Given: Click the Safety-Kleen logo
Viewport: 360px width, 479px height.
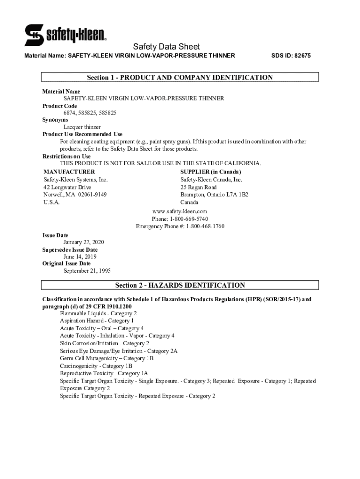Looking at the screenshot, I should click(x=65, y=35).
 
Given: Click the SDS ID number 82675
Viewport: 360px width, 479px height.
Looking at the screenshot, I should click(x=302, y=56).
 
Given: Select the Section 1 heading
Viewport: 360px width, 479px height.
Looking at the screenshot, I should click(x=180, y=78).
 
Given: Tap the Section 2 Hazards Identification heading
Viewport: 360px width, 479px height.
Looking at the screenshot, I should click(x=180, y=285).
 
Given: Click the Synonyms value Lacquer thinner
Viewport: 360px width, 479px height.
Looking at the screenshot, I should click(x=82, y=127).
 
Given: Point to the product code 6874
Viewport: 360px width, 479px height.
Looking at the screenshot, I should click(x=70, y=113).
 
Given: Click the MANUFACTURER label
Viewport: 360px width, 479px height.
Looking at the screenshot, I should click(x=69, y=172).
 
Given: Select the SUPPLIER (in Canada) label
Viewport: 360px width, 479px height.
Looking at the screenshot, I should click(x=211, y=172).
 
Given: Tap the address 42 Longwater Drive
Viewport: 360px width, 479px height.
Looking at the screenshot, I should click(x=67, y=187).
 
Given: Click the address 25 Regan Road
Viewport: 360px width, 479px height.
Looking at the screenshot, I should click(x=199, y=187).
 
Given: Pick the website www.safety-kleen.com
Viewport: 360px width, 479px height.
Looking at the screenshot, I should click(x=180, y=211).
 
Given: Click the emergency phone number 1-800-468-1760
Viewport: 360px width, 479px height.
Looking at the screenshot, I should click(x=205, y=226).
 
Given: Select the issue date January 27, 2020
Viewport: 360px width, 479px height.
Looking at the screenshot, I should click(x=84, y=242).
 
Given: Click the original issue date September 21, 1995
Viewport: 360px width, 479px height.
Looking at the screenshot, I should click(x=87, y=271).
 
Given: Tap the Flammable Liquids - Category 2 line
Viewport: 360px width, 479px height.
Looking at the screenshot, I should click(x=98, y=313).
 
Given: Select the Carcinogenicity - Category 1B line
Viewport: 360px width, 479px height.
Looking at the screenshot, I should click(x=96, y=366).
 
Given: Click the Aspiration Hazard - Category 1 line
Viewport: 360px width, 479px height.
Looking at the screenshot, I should click(x=97, y=321).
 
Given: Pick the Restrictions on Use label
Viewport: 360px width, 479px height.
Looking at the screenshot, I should click(x=67, y=156).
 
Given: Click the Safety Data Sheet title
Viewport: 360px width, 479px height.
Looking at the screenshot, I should click(x=166, y=46).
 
